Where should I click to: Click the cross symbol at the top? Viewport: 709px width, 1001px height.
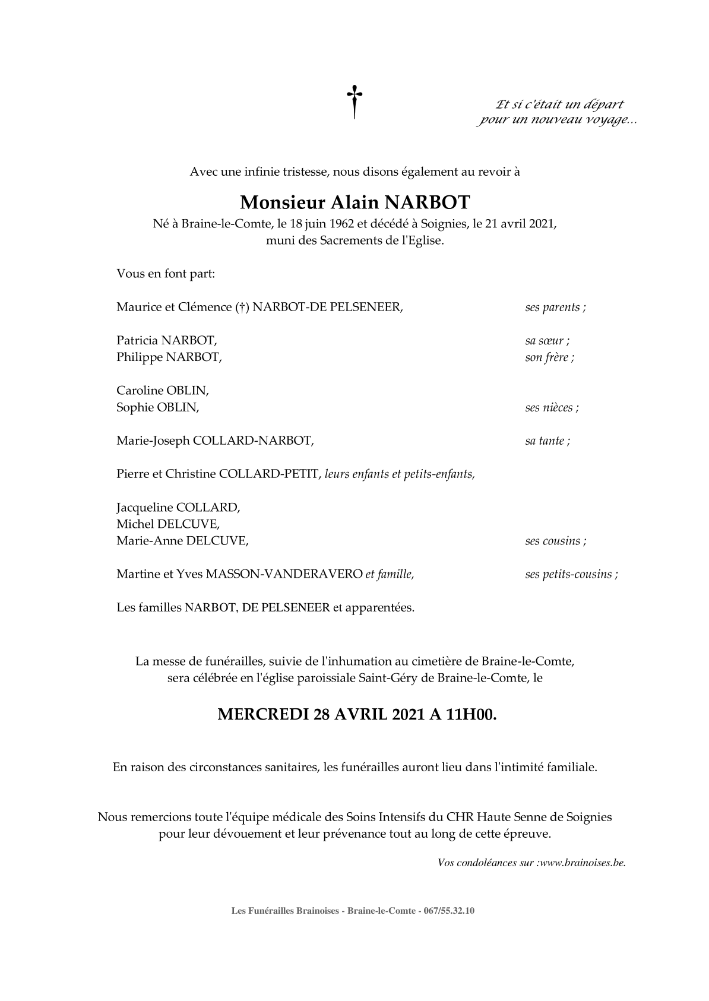tap(354, 102)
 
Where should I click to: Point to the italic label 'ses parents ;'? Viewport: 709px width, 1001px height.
tap(555, 308)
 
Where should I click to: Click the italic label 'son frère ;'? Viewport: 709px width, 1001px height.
tap(549, 357)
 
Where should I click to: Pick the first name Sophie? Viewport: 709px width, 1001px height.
tap(134, 407)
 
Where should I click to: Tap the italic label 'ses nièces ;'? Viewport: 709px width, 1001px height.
tap(552, 407)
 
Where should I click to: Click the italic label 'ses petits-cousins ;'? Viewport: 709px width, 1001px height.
tap(571, 574)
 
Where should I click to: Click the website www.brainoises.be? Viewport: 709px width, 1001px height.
tap(583, 863)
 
